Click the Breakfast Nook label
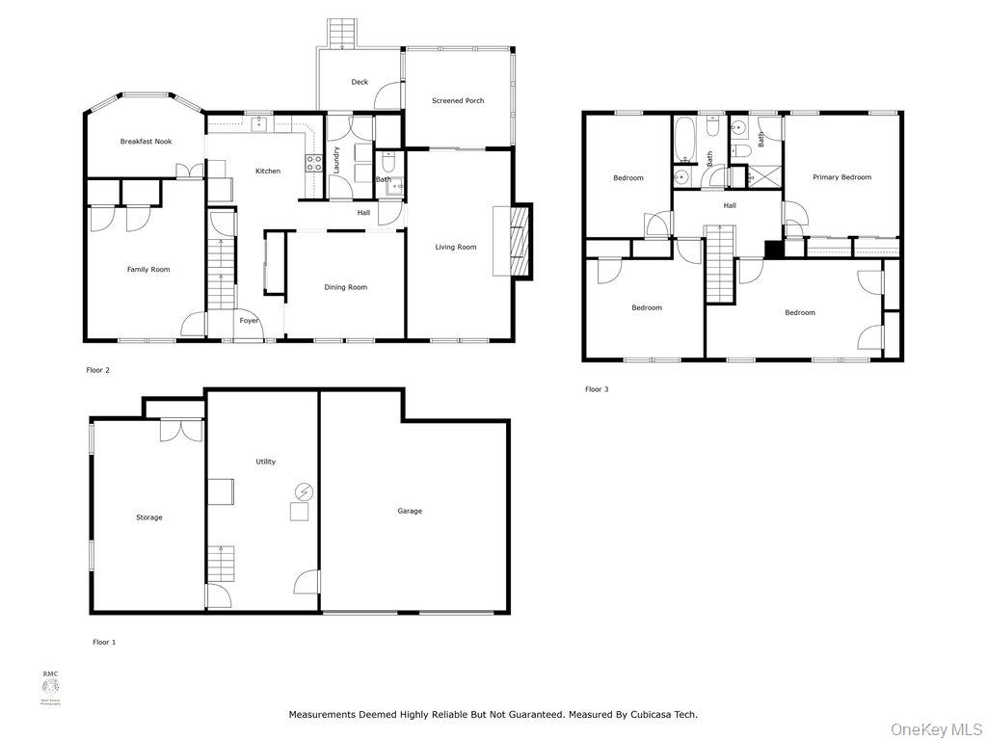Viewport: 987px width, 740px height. click(146, 142)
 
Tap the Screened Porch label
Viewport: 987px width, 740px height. click(458, 100)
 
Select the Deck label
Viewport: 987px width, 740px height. click(360, 82)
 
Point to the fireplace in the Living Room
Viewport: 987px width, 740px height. click(520, 241)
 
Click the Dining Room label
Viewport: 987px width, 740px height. click(345, 287)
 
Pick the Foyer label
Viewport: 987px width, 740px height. click(249, 321)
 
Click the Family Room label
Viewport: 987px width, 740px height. click(148, 269)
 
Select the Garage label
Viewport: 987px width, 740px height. click(410, 511)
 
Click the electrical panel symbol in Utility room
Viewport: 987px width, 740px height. click(303, 491)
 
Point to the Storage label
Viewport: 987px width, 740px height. click(148, 517)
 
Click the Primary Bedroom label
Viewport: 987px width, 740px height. click(841, 177)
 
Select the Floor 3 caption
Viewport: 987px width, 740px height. click(597, 389)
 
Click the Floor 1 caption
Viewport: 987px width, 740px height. click(104, 642)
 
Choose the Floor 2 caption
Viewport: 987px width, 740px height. click(98, 369)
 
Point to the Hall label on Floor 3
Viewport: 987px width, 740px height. click(730, 205)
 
